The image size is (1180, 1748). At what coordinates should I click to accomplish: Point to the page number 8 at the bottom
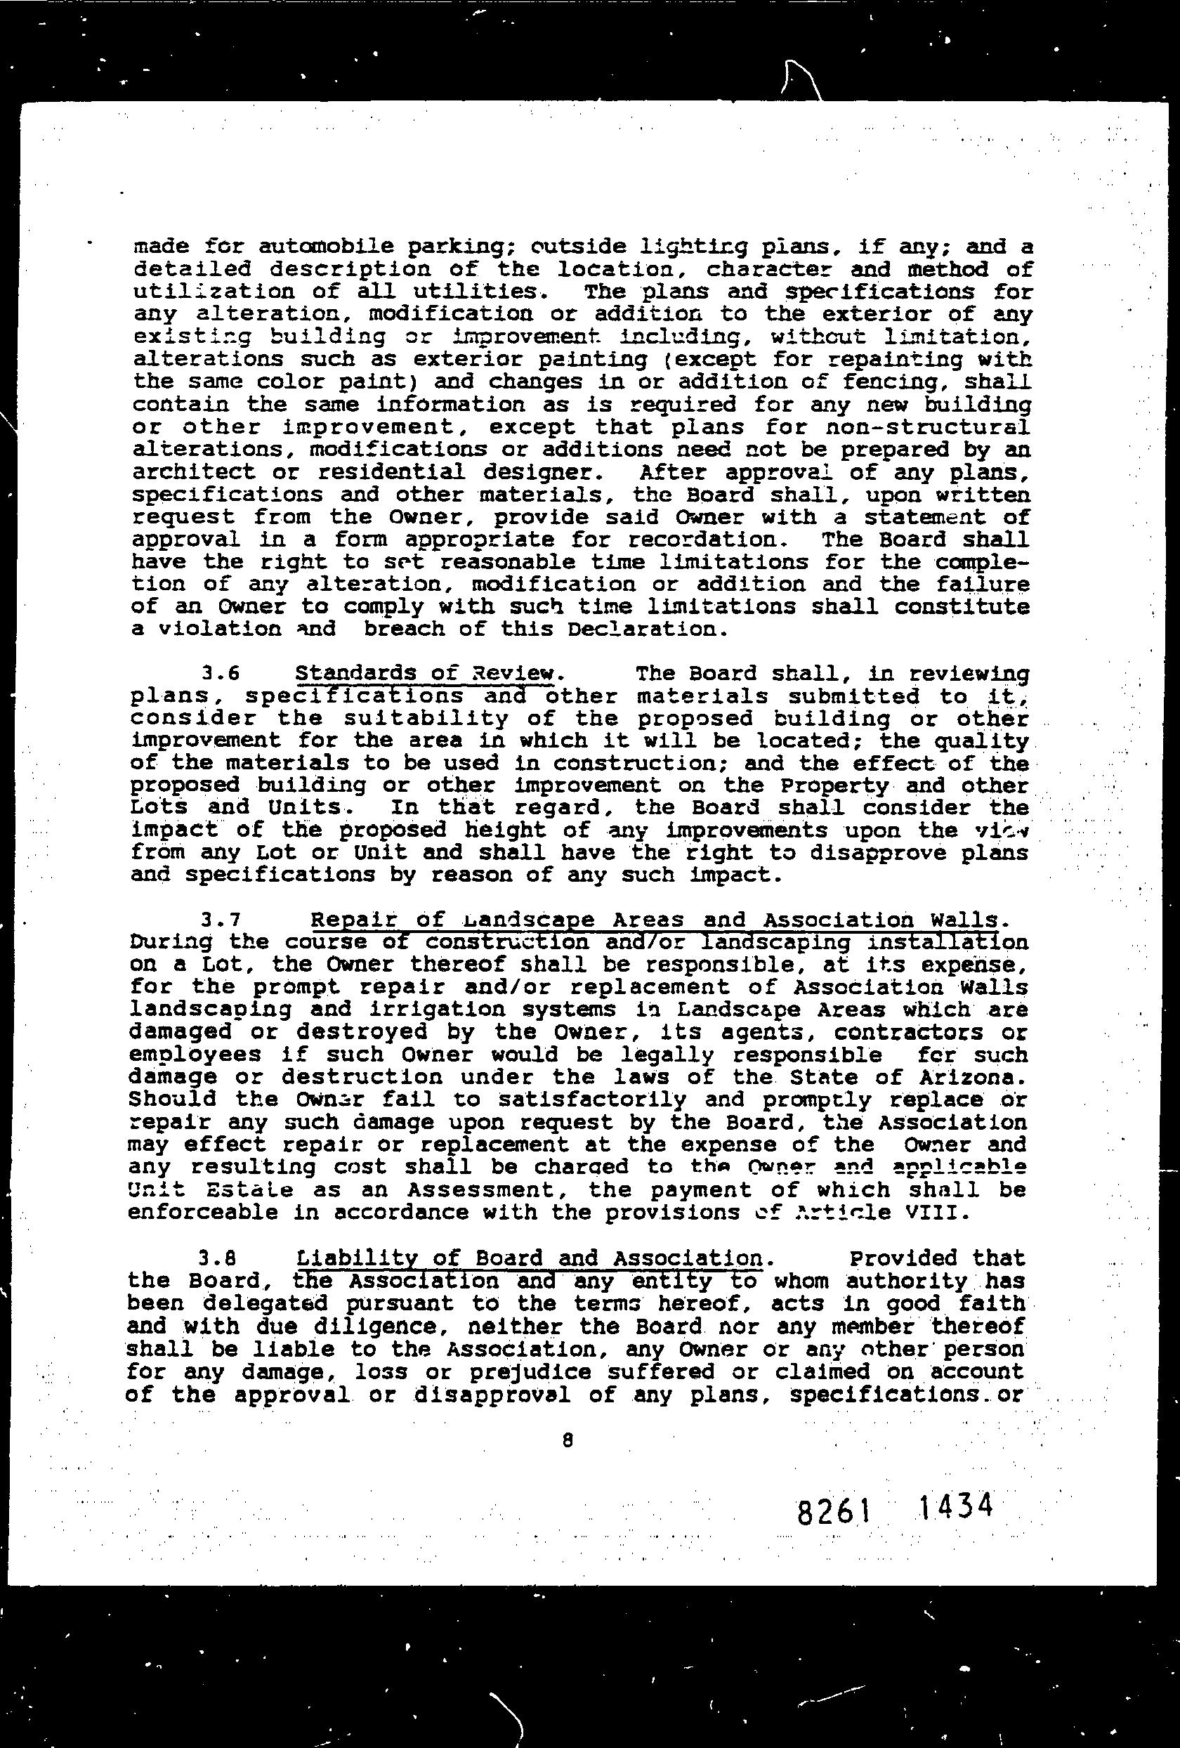(x=568, y=1440)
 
